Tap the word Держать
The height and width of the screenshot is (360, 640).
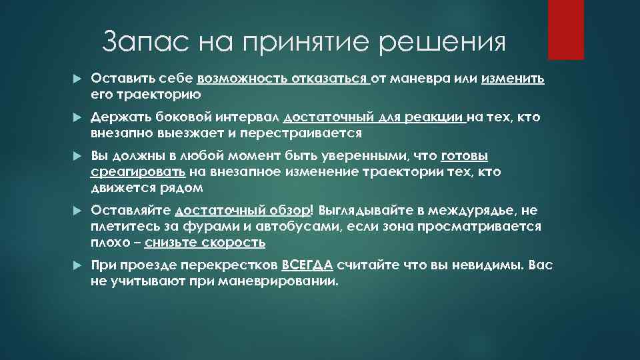pyautogui.click(x=115, y=118)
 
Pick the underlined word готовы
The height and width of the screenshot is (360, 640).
pyautogui.click(x=465, y=157)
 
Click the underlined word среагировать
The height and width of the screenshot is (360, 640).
pyautogui.click(x=138, y=171)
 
